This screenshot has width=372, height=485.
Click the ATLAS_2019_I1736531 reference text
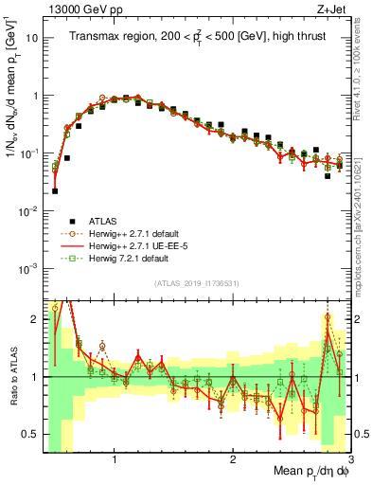pos(196,282)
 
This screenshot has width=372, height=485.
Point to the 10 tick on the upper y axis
pos(32,39)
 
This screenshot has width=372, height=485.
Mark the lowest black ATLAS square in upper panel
pos(55,190)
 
